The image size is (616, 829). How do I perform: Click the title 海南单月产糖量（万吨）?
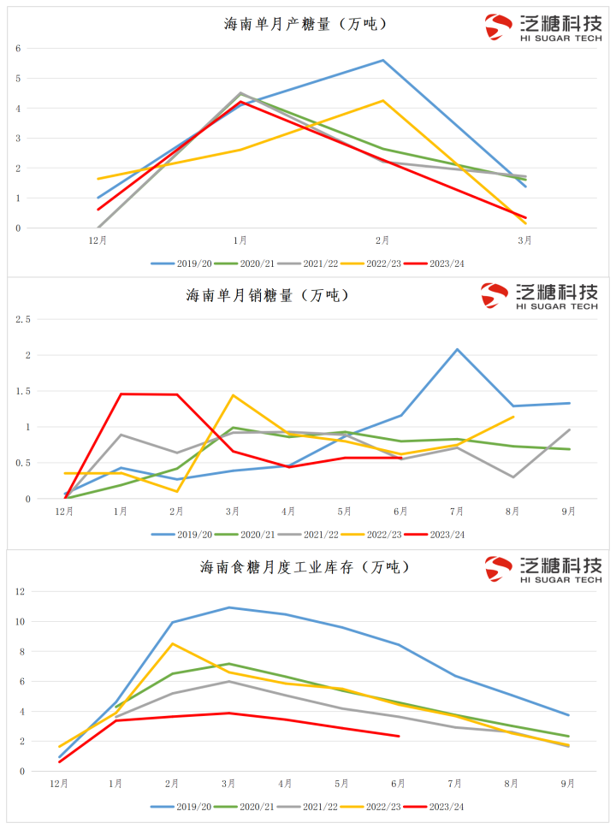tap(305, 24)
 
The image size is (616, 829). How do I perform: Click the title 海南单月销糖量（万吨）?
tap(268, 295)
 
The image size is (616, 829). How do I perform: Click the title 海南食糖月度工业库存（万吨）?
tap(305, 566)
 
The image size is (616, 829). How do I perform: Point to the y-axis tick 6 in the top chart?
tap(17, 48)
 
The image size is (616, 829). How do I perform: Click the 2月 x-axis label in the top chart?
tap(382, 240)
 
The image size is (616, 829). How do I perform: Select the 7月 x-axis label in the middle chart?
tap(457, 512)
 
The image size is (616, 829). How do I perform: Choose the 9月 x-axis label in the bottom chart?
tap(567, 783)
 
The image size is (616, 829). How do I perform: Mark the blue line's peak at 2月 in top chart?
tap(382, 60)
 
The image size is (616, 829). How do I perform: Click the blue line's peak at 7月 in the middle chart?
tap(457, 349)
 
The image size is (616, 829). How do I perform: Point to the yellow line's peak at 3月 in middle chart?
tap(233, 395)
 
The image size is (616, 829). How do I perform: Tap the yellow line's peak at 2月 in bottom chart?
tap(173, 643)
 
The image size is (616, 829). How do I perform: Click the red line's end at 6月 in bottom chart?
tap(399, 736)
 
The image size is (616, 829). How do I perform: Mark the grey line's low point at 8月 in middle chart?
tap(512, 477)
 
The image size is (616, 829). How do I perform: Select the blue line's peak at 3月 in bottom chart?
tap(229, 607)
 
